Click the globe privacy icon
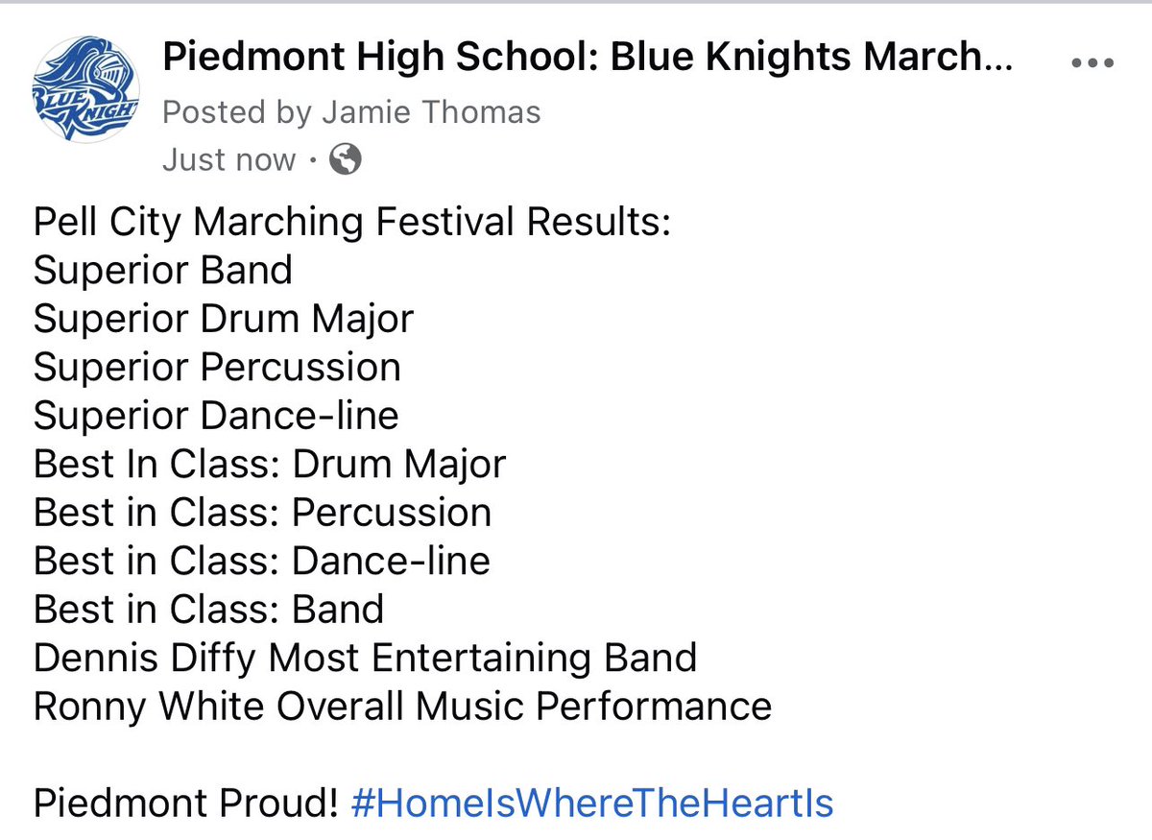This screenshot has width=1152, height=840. pyautogui.click(x=346, y=159)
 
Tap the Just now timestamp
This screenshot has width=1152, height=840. pyautogui.click(x=228, y=159)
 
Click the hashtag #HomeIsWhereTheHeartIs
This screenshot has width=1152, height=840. pyautogui.click(x=592, y=803)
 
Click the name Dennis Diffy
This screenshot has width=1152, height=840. pyautogui.click(x=146, y=658)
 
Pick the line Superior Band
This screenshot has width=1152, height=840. pyautogui.click(x=162, y=270)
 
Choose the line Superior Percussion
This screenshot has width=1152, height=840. pyautogui.click(x=217, y=367)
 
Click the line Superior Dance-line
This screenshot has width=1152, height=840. pyautogui.click(x=216, y=416)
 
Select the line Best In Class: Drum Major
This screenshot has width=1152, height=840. pyautogui.click(x=270, y=464)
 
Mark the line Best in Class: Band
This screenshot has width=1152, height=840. pyautogui.click(x=208, y=609)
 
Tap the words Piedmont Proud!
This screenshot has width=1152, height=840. pyautogui.click(x=185, y=803)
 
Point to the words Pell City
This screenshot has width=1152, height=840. pyautogui.click(x=109, y=222)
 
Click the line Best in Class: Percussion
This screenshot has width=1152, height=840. pyautogui.click(x=262, y=513)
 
